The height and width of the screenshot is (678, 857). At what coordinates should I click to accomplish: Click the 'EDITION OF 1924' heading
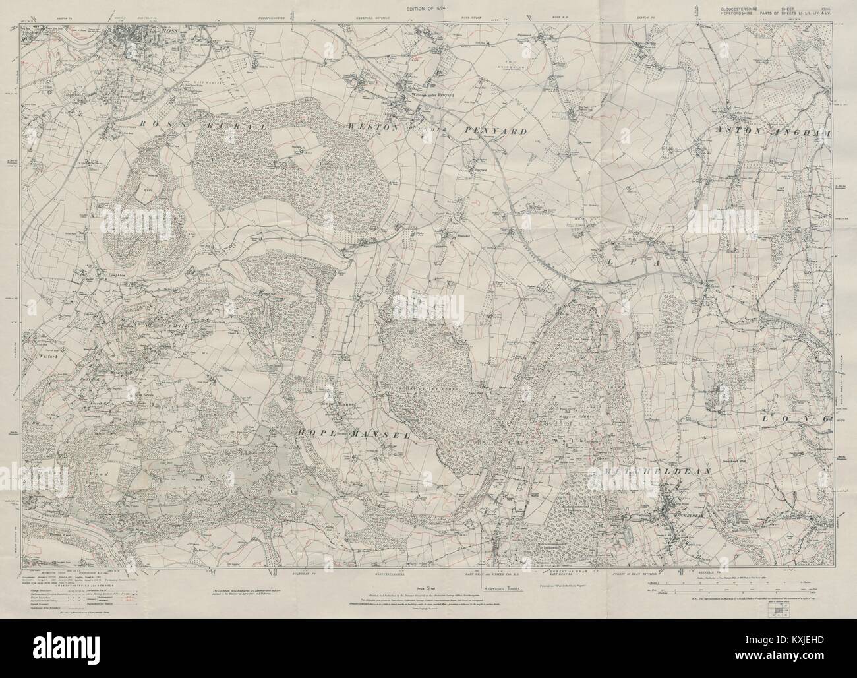coord(428,7)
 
